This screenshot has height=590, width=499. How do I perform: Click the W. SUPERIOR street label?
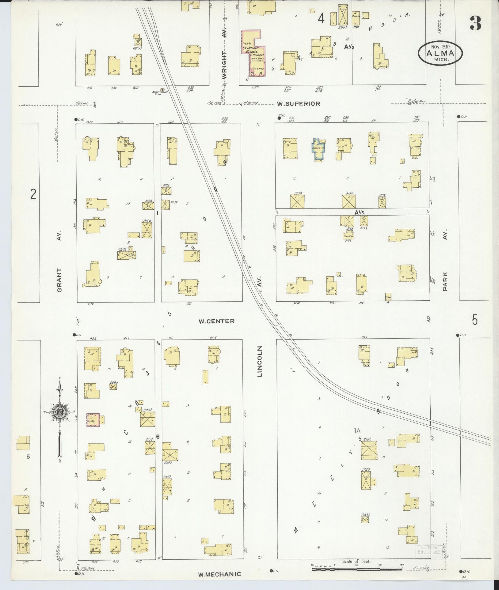298,104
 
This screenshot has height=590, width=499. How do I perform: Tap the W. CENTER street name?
217,321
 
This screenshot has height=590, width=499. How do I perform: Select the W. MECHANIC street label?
219,574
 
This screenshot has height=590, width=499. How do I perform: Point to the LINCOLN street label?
260,361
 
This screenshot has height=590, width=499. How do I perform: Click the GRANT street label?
59,280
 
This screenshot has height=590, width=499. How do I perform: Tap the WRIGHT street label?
225,65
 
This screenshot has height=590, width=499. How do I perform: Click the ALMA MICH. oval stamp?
440,53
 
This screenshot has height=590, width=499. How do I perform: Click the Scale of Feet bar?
357,569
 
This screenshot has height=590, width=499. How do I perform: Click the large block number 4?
321,19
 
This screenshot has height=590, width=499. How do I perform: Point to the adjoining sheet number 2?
33,194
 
